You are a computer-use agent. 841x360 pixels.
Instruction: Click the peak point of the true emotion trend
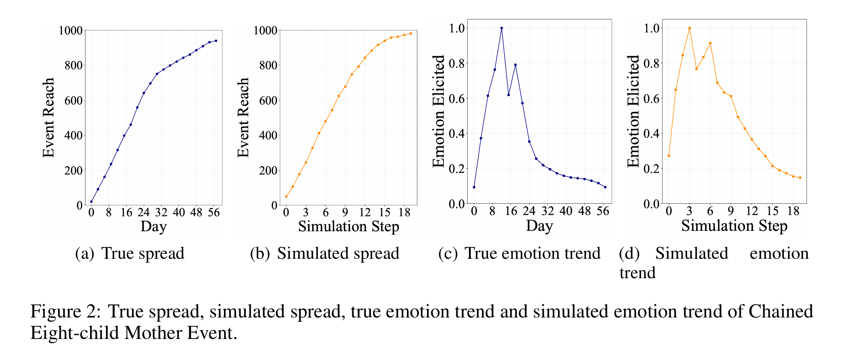pos(502,28)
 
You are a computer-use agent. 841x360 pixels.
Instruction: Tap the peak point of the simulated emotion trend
pos(689,28)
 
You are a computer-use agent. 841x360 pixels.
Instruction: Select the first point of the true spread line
pos(92,202)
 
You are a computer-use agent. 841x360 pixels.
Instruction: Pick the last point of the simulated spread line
pos(411,34)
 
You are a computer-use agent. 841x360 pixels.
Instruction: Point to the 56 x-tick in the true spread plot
pos(214,213)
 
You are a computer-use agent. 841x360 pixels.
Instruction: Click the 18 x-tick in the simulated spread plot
pos(404,213)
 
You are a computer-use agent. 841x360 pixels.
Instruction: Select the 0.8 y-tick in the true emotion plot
pos(457,63)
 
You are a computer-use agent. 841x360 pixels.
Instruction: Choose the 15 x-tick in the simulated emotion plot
pos(772,211)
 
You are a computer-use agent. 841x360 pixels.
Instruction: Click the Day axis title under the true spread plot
pos(153,226)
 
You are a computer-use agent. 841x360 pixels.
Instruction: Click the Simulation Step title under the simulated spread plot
pos(349,226)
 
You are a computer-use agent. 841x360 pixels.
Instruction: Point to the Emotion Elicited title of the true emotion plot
pos(439,111)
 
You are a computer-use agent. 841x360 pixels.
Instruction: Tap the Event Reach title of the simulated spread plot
pos(243,117)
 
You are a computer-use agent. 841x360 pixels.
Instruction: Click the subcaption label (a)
pos(84,254)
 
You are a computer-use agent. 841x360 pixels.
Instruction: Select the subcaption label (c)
pos(447,254)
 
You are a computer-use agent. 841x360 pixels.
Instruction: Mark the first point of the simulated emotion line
pos(669,156)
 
